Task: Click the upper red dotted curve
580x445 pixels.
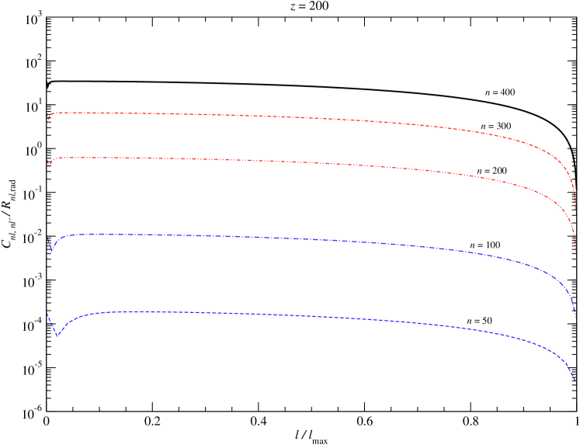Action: tap(272, 116)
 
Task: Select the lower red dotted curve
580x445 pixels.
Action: tap(272, 161)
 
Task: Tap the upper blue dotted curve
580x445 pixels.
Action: tap(272, 238)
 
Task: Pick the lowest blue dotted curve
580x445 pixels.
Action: tap(272, 314)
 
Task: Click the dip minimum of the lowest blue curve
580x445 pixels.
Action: tap(57, 335)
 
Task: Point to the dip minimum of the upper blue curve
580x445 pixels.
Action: tap(51, 250)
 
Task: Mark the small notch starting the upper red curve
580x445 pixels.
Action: tap(48, 119)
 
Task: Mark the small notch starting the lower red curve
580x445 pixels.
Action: tap(49, 165)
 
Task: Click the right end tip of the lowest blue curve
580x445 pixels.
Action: tap(575, 381)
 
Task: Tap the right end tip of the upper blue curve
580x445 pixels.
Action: tap(575, 315)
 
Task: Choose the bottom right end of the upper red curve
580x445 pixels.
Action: tap(575, 211)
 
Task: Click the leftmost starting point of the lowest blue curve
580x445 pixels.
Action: tap(47, 315)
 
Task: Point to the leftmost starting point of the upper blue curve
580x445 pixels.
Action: tap(47, 238)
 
